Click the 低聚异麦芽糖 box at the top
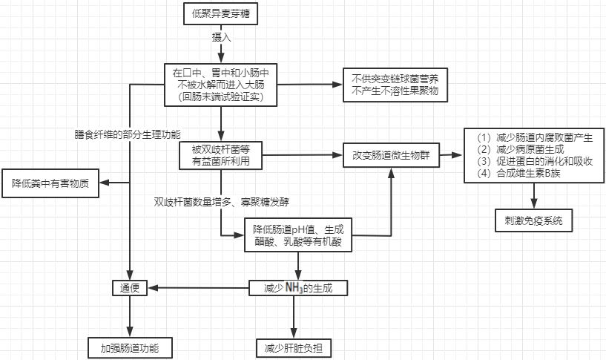[220, 13]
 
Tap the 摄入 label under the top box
[221, 36]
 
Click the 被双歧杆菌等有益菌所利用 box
[220, 154]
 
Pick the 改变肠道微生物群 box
[390, 157]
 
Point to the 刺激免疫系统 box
[533, 220]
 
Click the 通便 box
[131, 287]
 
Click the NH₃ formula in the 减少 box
[294, 287]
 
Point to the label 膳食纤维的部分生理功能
[128, 134]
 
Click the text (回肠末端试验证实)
[220, 96]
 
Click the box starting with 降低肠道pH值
[297, 235]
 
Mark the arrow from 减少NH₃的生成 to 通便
[197, 287]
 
